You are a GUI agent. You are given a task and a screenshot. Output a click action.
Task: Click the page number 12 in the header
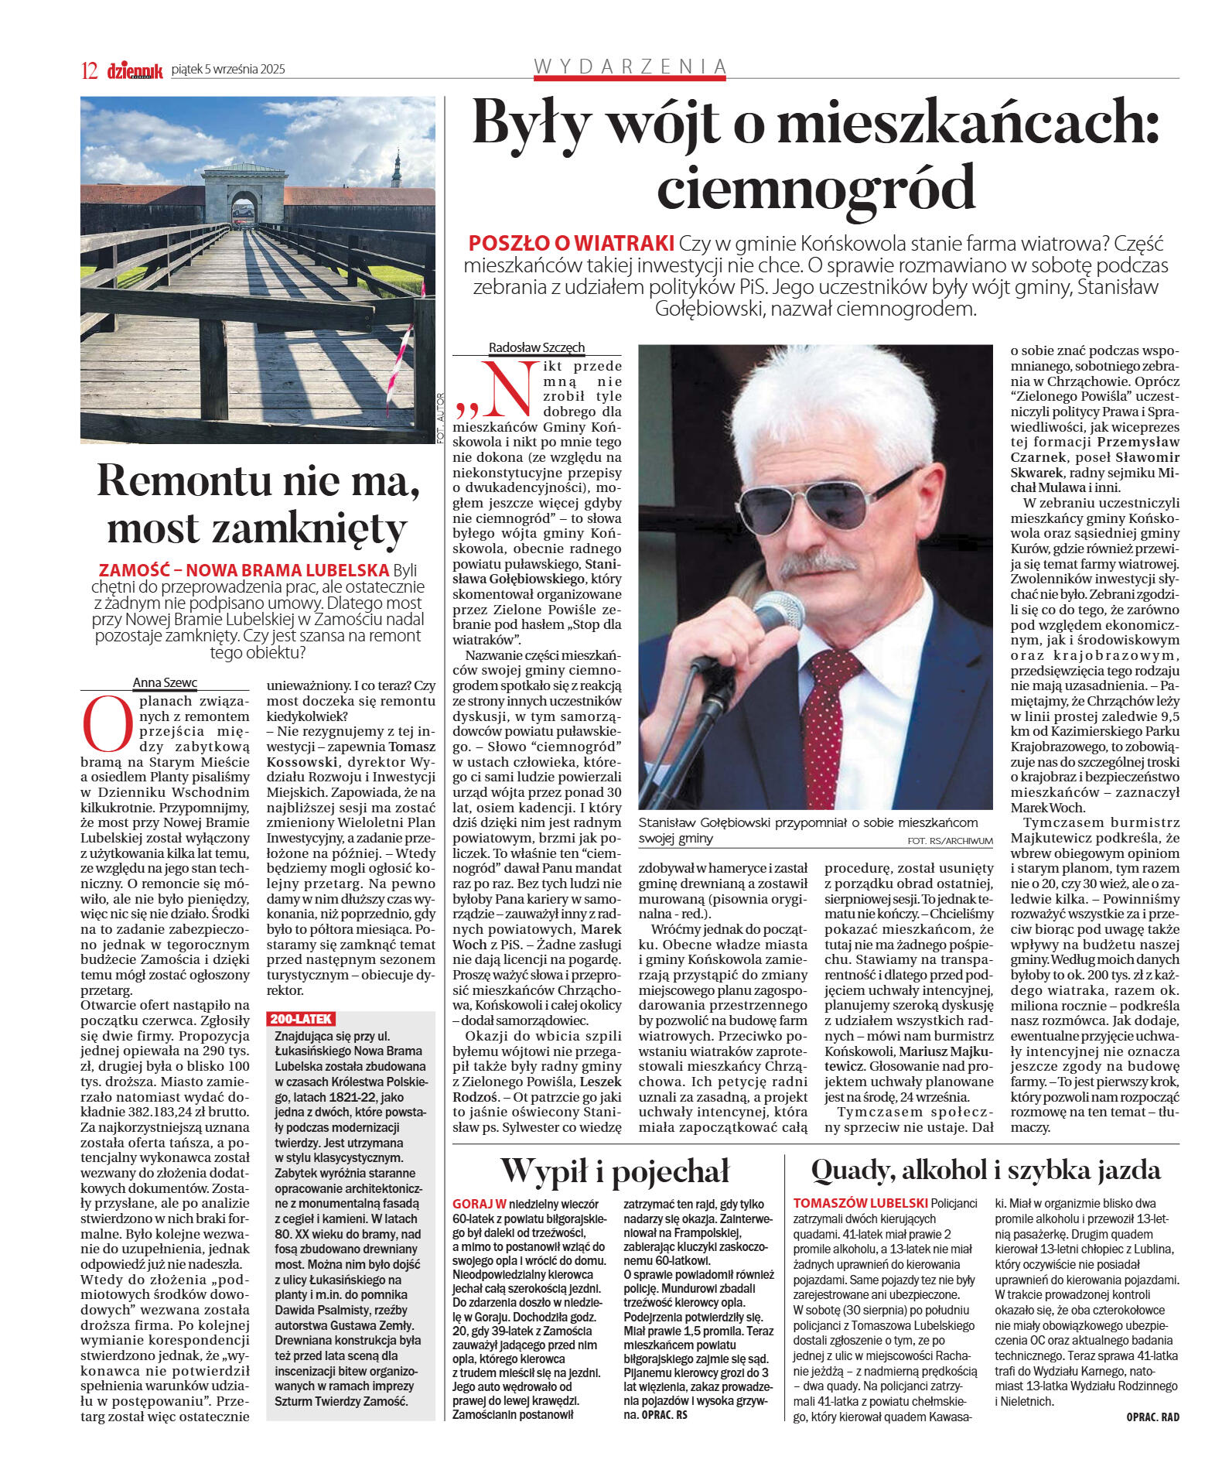pyautogui.click(x=89, y=70)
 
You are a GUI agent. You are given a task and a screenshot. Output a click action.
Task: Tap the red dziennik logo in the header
pyautogui.click(x=135, y=70)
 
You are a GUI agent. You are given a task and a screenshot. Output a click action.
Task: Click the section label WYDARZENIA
pyautogui.click(x=630, y=67)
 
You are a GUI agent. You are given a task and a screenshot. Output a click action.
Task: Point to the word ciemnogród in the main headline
pyautogui.click(x=816, y=187)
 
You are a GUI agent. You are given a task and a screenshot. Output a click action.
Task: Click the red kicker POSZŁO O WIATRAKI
pyautogui.click(x=571, y=243)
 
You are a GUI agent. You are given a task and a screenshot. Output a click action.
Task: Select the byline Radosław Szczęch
pyautogui.click(x=536, y=347)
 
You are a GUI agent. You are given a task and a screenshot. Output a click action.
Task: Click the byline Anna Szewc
pyautogui.click(x=165, y=682)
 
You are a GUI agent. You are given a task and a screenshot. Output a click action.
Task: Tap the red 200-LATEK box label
pyautogui.click(x=301, y=1019)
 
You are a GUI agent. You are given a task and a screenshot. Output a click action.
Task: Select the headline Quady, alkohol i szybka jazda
pyautogui.click(x=985, y=1170)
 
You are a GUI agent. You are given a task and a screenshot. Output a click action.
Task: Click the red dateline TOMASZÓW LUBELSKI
pyautogui.click(x=860, y=1203)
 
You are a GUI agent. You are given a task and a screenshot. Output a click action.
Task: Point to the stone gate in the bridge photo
pyautogui.click(x=244, y=196)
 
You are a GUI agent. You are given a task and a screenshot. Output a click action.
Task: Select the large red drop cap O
pyautogui.click(x=108, y=723)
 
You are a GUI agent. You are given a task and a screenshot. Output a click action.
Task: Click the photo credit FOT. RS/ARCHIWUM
pyautogui.click(x=950, y=840)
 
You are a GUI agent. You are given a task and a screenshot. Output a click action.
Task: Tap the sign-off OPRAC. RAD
pyautogui.click(x=1152, y=1417)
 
